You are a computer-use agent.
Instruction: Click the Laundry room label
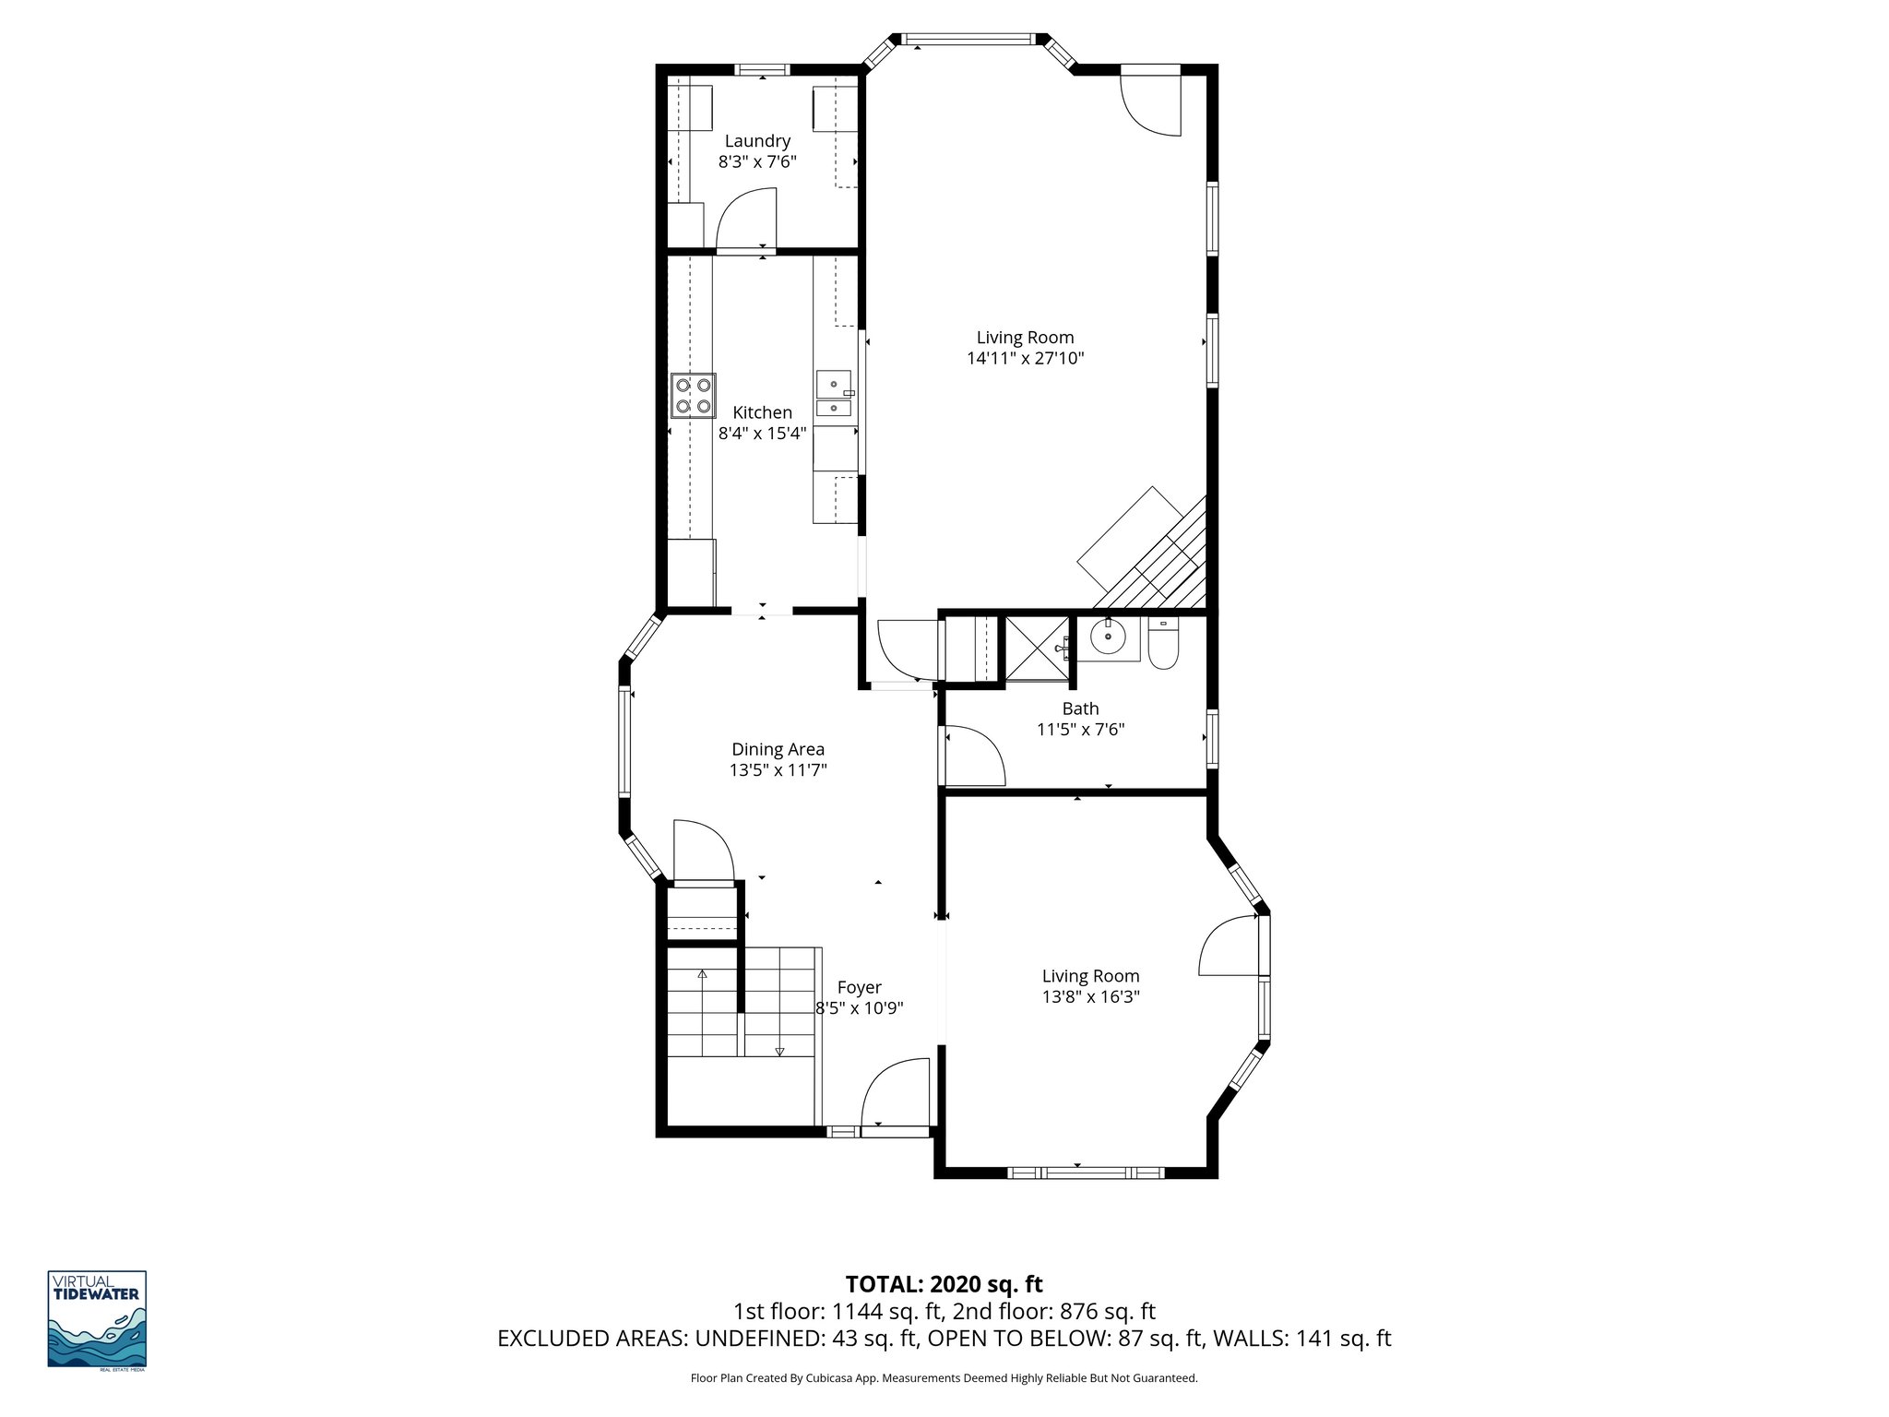point(757,141)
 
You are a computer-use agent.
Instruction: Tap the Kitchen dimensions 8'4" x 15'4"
point(762,433)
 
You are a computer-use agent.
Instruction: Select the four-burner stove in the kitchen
point(693,395)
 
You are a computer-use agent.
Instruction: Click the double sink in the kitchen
point(834,394)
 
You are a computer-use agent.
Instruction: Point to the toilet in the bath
point(1163,644)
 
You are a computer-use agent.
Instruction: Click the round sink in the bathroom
point(1108,637)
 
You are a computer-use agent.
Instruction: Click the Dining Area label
point(778,750)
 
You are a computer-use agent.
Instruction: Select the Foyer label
point(859,988)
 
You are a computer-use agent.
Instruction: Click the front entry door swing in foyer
point(895,1092)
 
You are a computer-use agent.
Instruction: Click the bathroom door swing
point(972,756)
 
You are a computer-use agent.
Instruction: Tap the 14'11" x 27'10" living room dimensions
point(1025,359)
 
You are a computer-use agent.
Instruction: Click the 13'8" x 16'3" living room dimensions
point(1090,996)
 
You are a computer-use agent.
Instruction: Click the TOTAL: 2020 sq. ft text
point(944,1284)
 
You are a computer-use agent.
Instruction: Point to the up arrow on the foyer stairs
point(702,975)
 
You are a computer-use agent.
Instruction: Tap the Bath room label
point(1080,708)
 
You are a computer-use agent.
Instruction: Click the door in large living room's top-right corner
point(1151,101)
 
